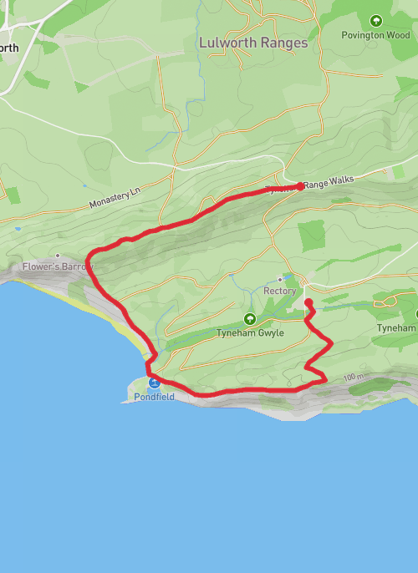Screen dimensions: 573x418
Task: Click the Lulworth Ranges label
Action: point(253,43)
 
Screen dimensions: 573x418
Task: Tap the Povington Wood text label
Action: point(375,35)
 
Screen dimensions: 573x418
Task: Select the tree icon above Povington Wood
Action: point(375,20)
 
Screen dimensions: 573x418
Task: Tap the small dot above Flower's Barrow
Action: point(57,256)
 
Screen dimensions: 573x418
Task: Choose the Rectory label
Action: point(280,291)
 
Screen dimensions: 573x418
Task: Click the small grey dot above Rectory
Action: point(280,280)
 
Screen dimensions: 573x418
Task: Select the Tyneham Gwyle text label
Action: point(251,332)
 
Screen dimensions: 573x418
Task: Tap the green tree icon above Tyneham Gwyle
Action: point(249,319)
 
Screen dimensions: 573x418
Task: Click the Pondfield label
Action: point(154,397)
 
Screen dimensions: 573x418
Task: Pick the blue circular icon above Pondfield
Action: point(154,383)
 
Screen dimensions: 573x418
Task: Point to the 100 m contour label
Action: point(354,378)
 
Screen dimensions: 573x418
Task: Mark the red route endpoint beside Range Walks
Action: point(300,185)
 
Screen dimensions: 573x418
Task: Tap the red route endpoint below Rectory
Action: point(308,302)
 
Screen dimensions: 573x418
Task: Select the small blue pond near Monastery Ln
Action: point(17,227)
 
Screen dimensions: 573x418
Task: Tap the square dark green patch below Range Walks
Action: point(311,236)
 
